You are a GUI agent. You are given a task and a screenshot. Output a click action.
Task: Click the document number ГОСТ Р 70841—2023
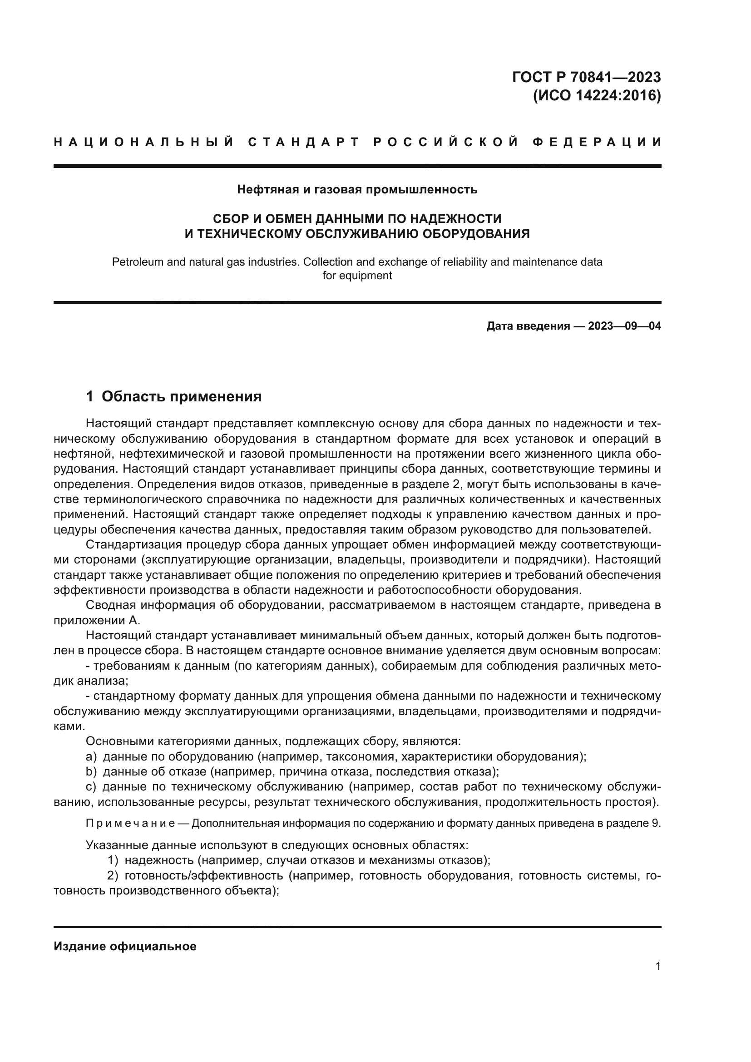(x=586, y=77)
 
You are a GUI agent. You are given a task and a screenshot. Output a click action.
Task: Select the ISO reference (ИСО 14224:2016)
(x=597, y=96)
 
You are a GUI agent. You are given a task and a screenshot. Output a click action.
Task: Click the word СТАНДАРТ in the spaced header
(x=304, y=143)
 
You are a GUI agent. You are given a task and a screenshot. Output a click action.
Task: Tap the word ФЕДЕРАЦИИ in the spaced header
(x=597, y=143)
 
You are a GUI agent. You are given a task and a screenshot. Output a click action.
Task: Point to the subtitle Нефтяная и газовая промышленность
(x=357, y=189)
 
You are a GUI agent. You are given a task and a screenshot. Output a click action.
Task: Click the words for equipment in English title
(x=357, y=276)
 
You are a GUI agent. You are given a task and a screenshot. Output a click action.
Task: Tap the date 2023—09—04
(x=624, y=326)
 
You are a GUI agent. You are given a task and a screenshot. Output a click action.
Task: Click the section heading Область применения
(x=181, y=396)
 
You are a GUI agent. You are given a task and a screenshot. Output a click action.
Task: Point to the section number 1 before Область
(x=90, y=396)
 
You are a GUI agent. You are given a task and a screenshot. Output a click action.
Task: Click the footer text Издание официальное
(x=125, y=946)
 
